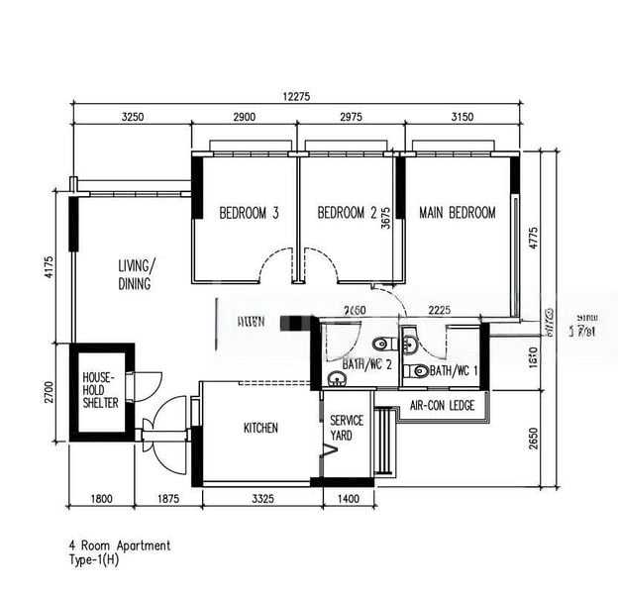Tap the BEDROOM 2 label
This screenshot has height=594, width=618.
(347, 213)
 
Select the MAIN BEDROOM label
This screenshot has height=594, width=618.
(457, 213)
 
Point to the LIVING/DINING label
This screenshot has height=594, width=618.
(136, 275)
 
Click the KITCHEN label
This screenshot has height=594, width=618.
(260, 429)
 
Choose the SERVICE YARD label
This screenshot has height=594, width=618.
(347, 428)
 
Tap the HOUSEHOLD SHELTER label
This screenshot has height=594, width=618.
(100, 391)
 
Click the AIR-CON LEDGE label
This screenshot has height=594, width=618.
(442, 406)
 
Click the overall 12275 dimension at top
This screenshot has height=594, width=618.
(296, 96)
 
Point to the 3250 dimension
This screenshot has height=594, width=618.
(133, 117)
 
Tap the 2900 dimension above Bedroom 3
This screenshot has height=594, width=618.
(244, 117)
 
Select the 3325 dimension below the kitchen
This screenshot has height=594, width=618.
(261, 500)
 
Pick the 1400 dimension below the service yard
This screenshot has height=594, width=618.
(348, 500)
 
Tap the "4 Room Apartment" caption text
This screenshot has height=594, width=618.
(120, 545)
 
